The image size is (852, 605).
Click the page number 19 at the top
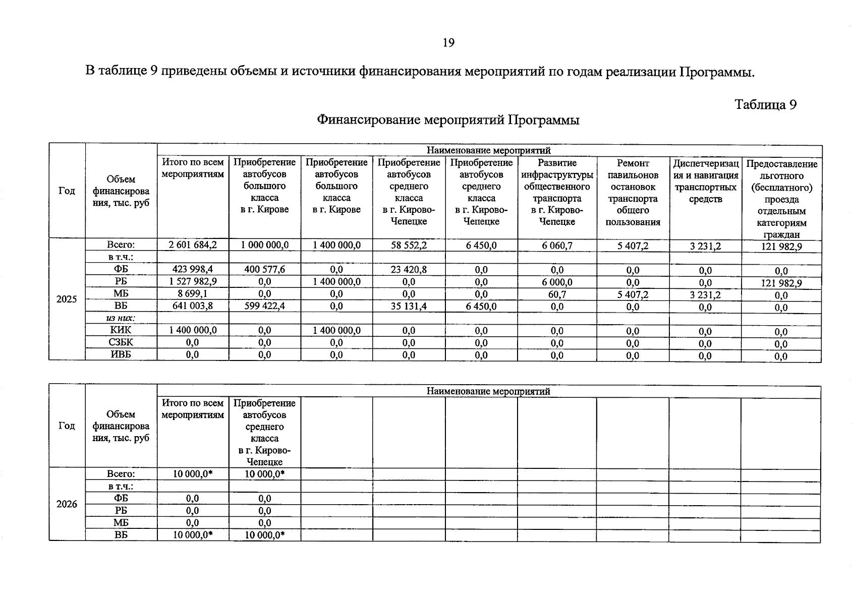[448, 43]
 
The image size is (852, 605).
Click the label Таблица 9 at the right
[765, 104]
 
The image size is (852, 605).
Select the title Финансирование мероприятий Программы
[448, 120]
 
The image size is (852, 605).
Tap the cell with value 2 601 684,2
[193, 245]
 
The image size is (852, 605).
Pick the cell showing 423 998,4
[193, 269]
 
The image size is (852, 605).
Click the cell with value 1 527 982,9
[193, 281]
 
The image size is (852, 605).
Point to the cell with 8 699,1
[193, 293]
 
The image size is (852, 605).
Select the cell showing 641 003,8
[193, 306]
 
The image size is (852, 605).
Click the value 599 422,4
[264, 306]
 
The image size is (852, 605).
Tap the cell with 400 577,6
[264, 269]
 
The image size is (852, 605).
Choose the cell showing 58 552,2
[409, 245]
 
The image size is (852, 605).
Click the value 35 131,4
[409, 306]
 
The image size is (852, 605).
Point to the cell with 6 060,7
[557, 246]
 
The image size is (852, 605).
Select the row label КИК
[121, 330]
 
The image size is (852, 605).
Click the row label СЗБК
[121, 342]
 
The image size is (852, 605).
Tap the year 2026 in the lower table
[67, 504]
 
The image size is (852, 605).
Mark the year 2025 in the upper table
[67, 299]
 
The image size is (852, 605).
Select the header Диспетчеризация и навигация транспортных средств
[705, 180]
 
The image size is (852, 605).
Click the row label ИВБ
[121, 354]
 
